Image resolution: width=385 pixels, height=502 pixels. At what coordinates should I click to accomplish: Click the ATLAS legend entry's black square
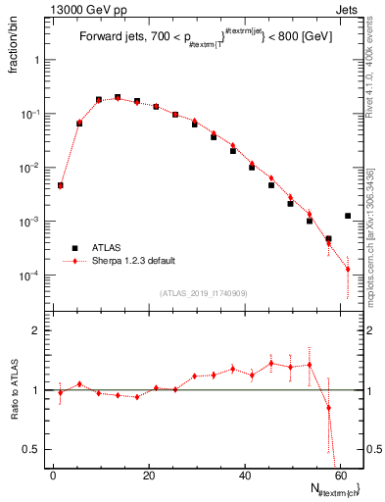point(72,248)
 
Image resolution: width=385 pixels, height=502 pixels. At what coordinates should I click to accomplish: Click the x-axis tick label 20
point(149,474)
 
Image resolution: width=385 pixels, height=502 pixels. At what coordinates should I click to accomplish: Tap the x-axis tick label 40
point(245,474)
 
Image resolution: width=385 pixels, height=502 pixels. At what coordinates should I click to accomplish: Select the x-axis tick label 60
point(340,474)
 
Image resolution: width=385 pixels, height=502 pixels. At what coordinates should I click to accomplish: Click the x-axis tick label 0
point(54,474)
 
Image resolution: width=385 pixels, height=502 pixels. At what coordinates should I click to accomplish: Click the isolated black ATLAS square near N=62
point(348,216)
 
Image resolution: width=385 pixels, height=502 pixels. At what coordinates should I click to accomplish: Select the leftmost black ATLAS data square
point(60,185)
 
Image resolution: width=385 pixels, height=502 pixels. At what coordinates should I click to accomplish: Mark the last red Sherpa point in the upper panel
point(348,270)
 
